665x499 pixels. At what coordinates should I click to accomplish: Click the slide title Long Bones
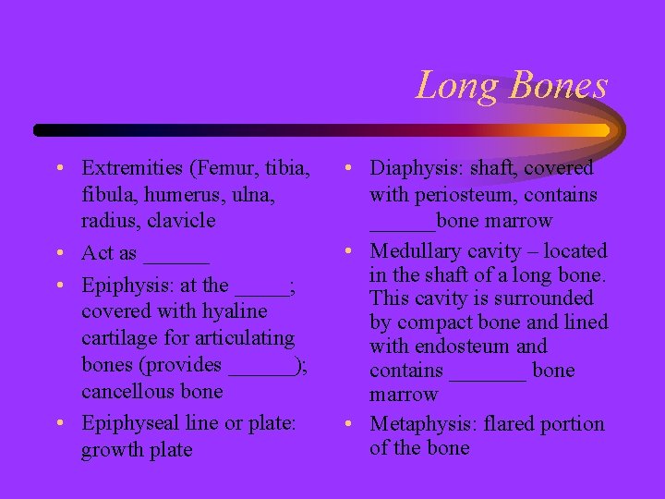point(512,86)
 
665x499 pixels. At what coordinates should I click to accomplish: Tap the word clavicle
point(184,221)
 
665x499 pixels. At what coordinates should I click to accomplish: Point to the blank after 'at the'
point(261,286)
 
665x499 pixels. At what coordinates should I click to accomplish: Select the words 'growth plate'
point(137,450)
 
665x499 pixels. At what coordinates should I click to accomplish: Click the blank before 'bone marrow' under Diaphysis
point(402,222)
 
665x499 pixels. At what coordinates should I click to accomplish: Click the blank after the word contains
point(488,371)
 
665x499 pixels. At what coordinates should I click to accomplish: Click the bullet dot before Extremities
point(58,169)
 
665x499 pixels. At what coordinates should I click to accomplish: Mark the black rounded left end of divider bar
point(40,130)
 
